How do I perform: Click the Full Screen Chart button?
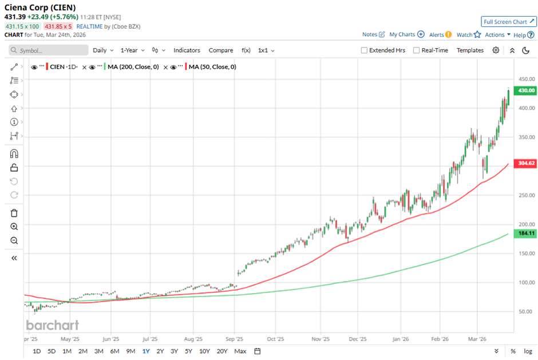[509, 22]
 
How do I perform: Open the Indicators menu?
[187, 50]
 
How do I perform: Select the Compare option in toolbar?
[221, 50]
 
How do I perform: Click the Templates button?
[470, 50]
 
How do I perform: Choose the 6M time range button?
[114, 351]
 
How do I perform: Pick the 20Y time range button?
[222, 351]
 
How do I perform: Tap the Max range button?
[240, 351]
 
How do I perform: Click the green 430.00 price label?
[526, 90]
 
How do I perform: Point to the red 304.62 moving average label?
[526, 163]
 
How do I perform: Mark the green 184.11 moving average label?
[526, 234]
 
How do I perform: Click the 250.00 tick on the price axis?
[526, 195]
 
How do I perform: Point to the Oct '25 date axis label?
[279, 338]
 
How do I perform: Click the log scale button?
[528, 351]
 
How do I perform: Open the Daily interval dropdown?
[103, 50]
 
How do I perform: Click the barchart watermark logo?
[52, 325]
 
